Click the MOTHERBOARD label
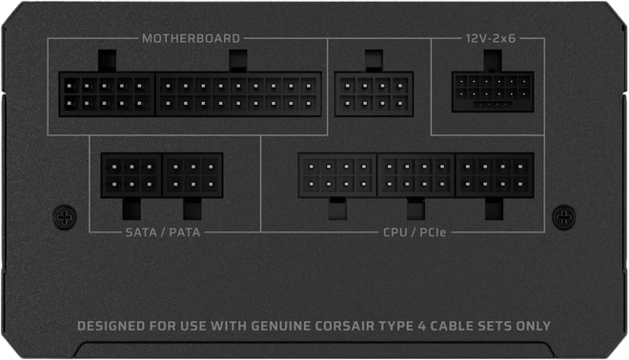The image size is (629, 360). pyautogui.click(x=191, y=38)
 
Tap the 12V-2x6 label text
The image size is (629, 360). pyautogui.click(x=491, y=38)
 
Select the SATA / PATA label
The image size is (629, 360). pyautogui.click(x=163, y=232)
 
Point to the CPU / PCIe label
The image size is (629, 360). pyautogui.click(x=415, y=232)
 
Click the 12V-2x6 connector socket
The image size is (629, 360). pyautogui.click(x=493, y=91)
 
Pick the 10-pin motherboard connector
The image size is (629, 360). pyautogui.click(x=107, y=94)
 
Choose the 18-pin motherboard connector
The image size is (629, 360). pyautogui.click(x=238, y=94)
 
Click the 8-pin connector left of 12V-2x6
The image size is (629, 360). pyautogui.click(x=374, y=94)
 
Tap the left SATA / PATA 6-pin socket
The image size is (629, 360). pyautogui.click(x=132, y=175)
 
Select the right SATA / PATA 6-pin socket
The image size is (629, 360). pyautogui.click(x=193, y=175)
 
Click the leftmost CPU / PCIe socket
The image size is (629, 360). pyautogui.click(x=337, y=175)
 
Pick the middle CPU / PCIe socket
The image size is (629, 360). pyautogui.click(x=416, y=175)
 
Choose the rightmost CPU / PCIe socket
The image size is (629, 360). pyautogui.click(x=495, y=175)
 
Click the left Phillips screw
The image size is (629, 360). pyautogui.click(x=65, y=217)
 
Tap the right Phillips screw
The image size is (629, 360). pyautogui.click(x=564, y=217)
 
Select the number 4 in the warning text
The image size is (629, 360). pyautogui.click(x=421, y=326)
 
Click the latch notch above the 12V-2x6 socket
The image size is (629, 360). pyautogui.click(x=493, y=61)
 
